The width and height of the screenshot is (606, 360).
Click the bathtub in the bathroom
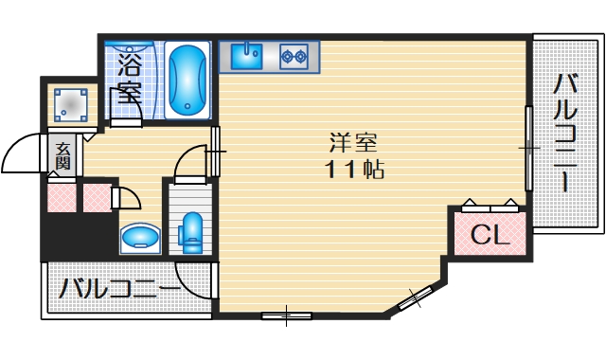189,80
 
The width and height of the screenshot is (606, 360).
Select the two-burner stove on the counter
294,56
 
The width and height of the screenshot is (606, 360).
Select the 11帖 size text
353,171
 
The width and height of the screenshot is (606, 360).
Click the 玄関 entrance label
62,155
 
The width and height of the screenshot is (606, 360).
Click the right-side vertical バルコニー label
566,133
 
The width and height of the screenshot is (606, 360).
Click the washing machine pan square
70,103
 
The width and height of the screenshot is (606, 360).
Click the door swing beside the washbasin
127,198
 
